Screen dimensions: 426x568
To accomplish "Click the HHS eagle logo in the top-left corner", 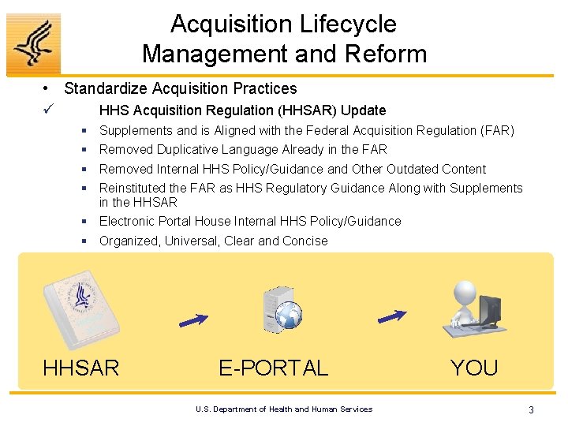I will pos(33,43).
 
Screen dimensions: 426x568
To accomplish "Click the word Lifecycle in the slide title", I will pos(343,24).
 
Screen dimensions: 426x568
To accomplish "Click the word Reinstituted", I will pos(136,188).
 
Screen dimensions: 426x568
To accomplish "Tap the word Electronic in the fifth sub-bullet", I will pos(129,221).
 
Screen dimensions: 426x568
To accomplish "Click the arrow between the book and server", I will pos(193,319).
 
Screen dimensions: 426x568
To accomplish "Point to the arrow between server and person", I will pos(392,315).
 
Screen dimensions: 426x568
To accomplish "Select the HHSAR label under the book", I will pos(80,368).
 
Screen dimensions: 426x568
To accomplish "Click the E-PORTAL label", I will pos(273,368).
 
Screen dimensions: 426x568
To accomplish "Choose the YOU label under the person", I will pos(473,368).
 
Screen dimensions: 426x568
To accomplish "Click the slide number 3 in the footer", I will pos(531,409).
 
